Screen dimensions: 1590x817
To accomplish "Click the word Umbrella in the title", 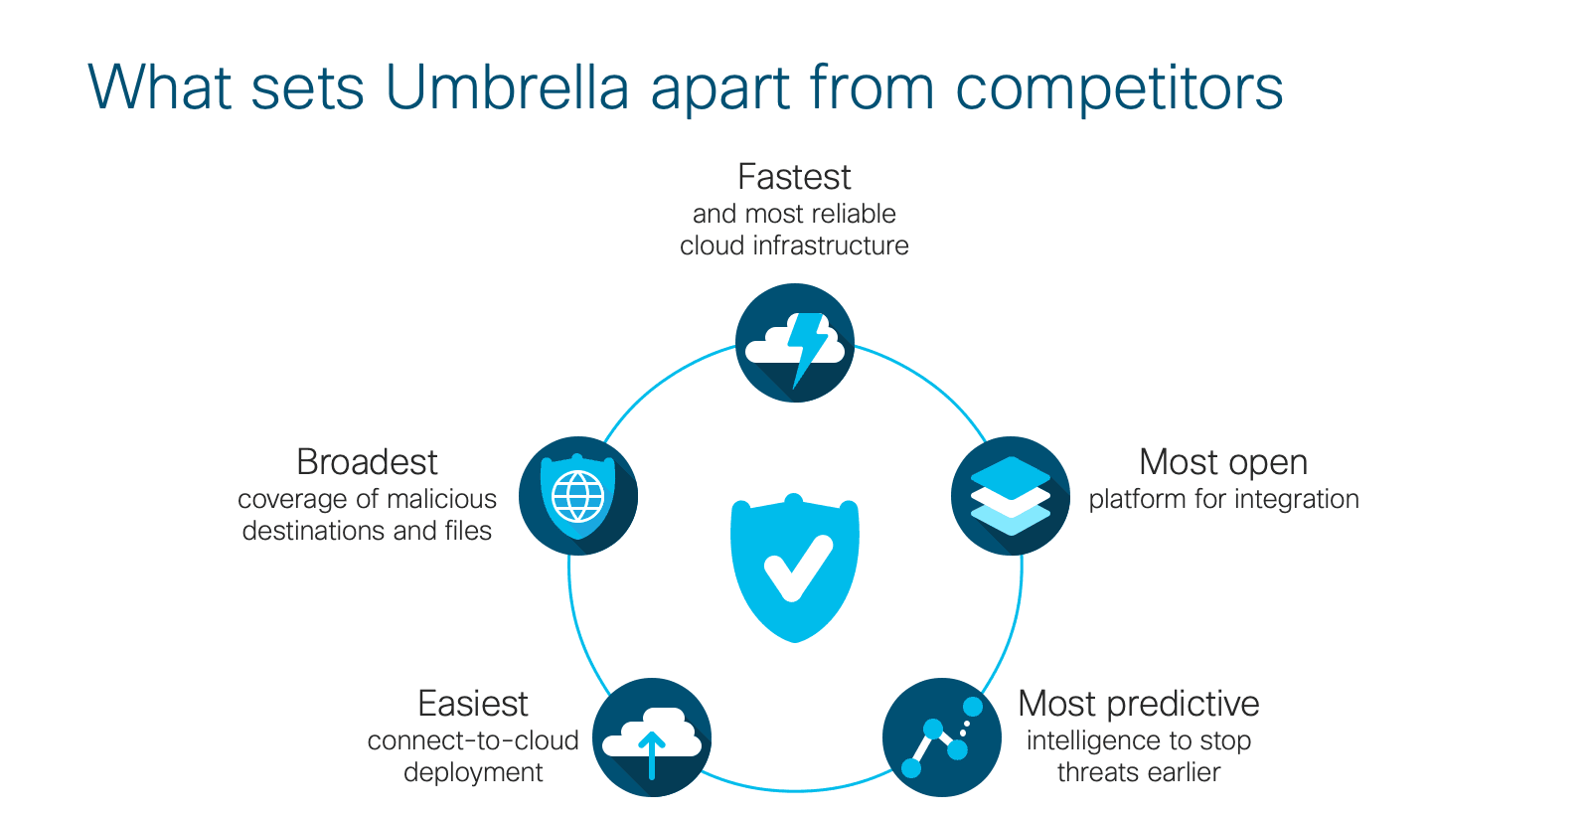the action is click(x=508, y=87).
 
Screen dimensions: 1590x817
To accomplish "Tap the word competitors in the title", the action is click(x=1119, y=88).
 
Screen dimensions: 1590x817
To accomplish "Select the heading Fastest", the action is click(x=794, y=177).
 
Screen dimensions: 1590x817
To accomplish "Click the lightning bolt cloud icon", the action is click(x=795, y=343).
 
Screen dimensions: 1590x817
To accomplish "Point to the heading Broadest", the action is click(x=367, y=462).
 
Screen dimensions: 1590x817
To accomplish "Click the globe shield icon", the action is click(x=577, y=495).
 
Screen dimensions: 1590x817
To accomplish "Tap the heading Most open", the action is click(x=1223, y=463).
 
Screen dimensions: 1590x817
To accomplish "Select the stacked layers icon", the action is click(x=1010, y=495).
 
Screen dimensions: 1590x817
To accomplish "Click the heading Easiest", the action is click(x=473, y=704).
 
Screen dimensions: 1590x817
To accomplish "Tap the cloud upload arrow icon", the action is click(x=652, y=737).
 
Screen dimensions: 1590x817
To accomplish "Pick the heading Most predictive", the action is click(x=1139, y=704).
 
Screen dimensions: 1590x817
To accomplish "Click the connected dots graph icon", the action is click(x=942, y=737).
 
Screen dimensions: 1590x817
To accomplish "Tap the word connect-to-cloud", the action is click(x=473, y=740).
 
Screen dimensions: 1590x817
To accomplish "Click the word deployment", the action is click(x=473, y=773).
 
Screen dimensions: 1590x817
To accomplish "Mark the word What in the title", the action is click(x=160, y=87).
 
